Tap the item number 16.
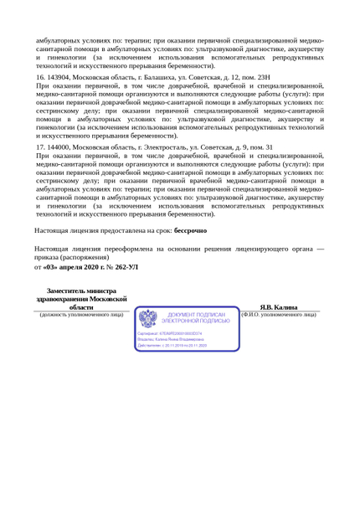(x=40, y=76)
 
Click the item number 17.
(x=40, y=147)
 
